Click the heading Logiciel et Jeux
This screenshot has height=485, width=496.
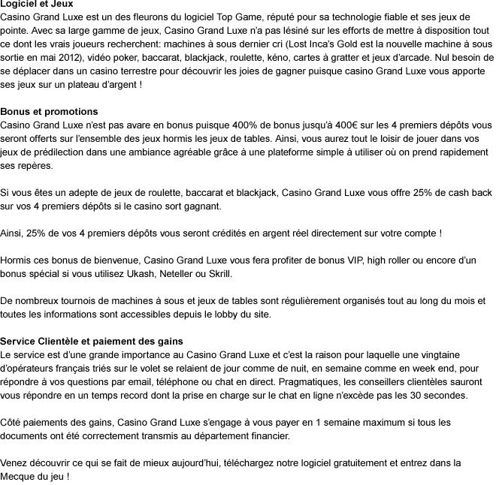[37, 5]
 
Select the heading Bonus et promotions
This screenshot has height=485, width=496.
[49, 112]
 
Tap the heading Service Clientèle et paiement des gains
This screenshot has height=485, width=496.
[91, 342]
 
